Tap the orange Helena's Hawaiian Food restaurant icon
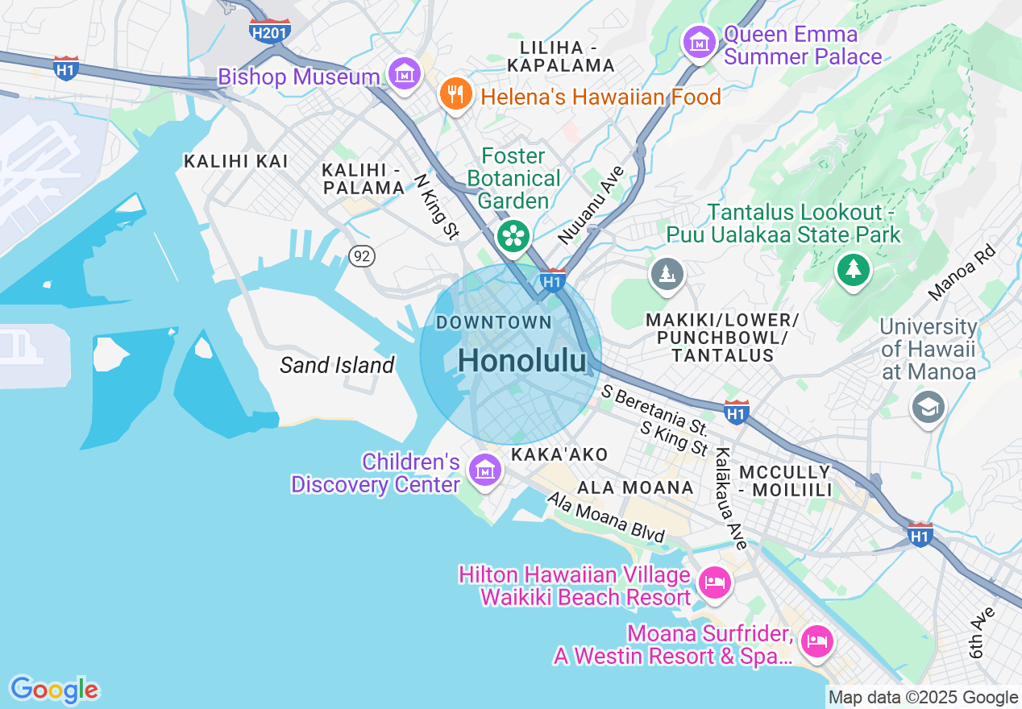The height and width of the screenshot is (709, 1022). [455, 95]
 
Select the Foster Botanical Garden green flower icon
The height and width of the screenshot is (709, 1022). [513, 236]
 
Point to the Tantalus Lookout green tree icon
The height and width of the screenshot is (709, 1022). [853, 269]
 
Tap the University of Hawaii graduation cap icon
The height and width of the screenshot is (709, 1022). [928, 408]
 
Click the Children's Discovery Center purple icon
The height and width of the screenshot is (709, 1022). [485, 470]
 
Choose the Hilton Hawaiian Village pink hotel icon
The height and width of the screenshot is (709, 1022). [714, 582]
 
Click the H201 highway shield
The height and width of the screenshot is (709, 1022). [269, 31]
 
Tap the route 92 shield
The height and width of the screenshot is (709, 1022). [363, 256]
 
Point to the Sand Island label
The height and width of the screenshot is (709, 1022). [337, 365]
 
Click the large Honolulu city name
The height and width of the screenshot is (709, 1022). [521, 362]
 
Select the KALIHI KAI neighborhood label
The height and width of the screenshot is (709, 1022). [235, 161]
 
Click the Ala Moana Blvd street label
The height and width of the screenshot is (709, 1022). [606, 517]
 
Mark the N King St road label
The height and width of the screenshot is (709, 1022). [436, 206]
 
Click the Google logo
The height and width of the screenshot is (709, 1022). [54, 690]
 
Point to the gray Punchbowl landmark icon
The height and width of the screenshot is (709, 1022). [667, 276]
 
